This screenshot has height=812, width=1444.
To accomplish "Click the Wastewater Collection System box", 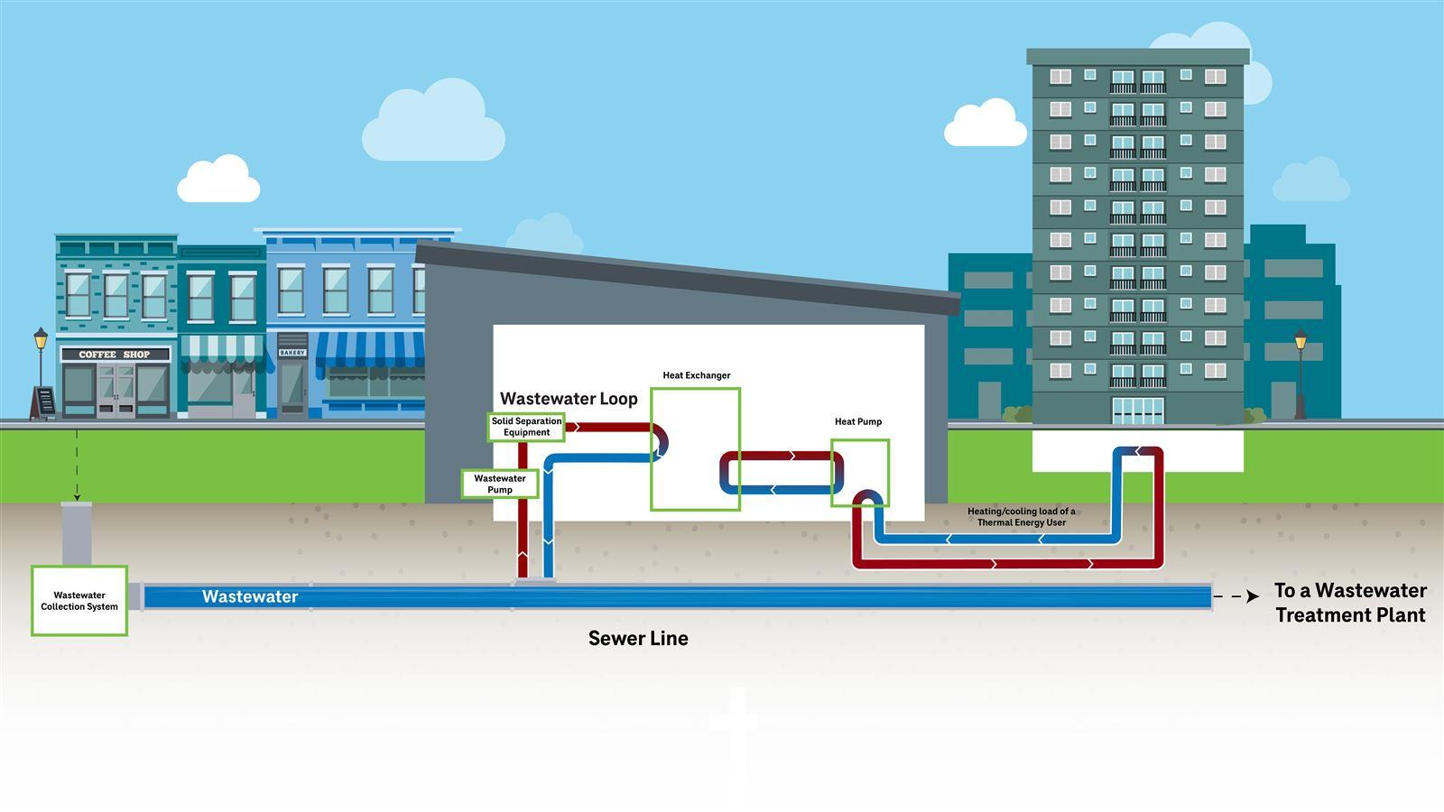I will pyautogui.click(x=79, y=601).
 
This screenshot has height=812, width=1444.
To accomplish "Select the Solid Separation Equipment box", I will pyautogui.click(x=527, y=427).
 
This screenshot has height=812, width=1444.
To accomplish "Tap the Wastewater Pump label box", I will pyautogui.click(x=500, y=484).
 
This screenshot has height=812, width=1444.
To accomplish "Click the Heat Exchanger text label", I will pyautogui.click(x=696, y=375).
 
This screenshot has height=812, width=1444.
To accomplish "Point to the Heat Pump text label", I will pyautogui.click(x=857, y=421).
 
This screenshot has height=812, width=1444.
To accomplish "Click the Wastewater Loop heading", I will pyautogui.click(x=569, y=399).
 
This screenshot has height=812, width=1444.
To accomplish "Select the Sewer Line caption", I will pyautogui.click(x=638, y=639).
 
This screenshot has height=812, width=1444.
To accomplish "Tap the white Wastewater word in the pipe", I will pyautogui.click(x=250, y=596).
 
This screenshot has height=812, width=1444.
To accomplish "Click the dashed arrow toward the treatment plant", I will pyautogui.click(x=1236, y=596).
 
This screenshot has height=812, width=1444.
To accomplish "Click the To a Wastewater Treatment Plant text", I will pyautogui.click(x=1349, y=603).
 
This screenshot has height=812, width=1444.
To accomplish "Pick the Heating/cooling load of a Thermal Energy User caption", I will pyautogui.click(x=1021, y=517).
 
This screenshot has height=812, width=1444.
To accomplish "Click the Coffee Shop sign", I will pyautogui.click(x=115, y=355).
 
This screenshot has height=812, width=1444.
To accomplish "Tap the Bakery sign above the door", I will pyautogui.click(x=292, y=353).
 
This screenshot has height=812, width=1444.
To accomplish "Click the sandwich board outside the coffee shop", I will pyautogui.click(x=42, y=403).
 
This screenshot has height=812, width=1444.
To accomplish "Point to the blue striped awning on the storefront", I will pyautogui.click(x=370, y=350).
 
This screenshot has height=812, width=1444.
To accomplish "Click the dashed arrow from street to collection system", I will pyautogui.click(x=77, y=465).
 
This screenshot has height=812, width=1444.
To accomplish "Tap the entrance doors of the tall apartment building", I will pyautogui.click(x=1137, y=411).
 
